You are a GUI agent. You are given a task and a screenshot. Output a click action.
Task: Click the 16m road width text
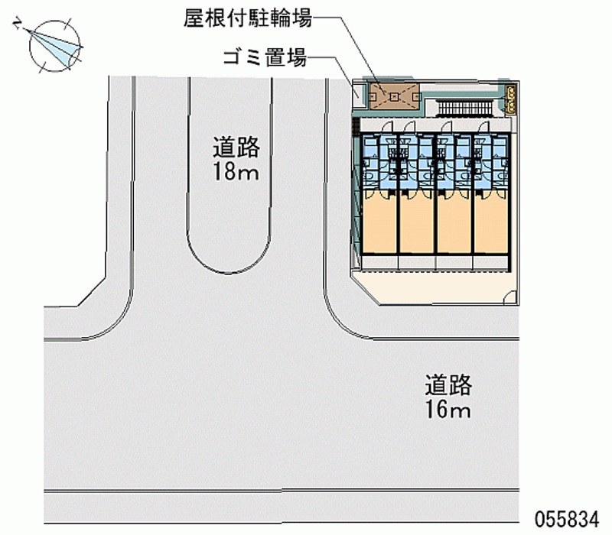pos(448,410)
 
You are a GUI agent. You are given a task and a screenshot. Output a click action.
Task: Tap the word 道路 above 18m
pos(236,146)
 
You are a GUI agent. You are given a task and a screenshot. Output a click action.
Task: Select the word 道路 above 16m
pos(449,384)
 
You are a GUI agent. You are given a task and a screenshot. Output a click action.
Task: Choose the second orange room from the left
pos(416,225)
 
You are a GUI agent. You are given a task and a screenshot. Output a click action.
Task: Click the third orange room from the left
pos(454,225)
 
